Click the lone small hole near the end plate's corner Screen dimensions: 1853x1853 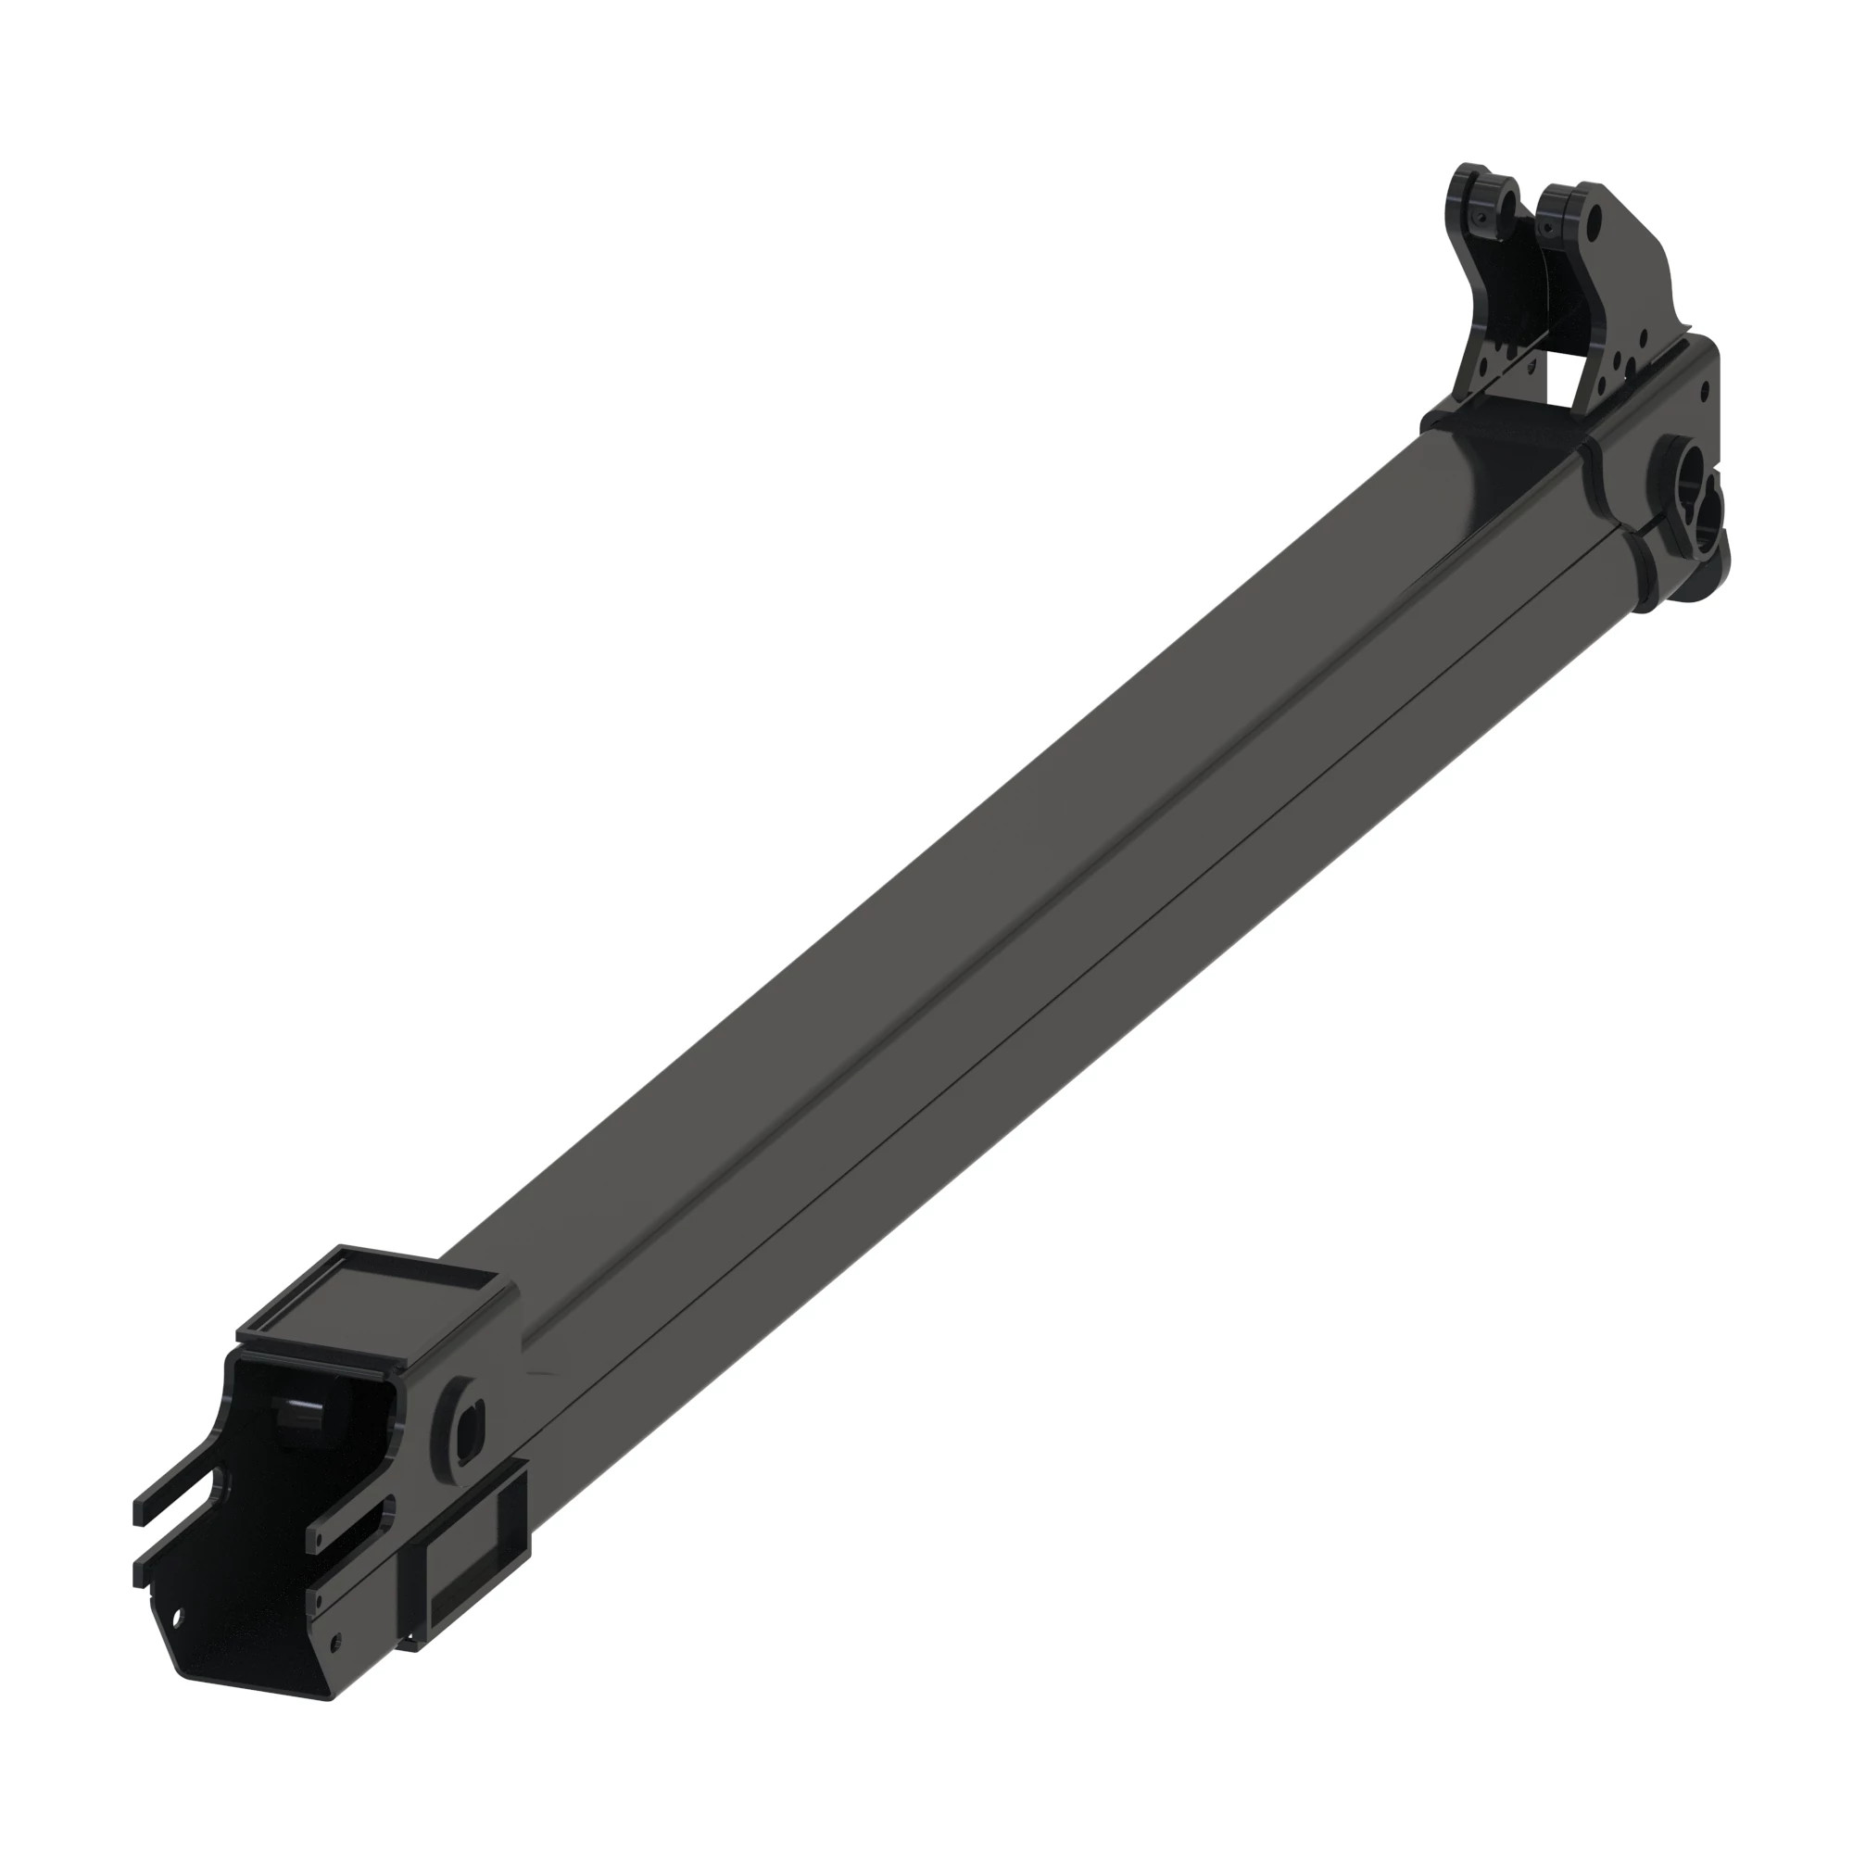click(x=1704, y=390)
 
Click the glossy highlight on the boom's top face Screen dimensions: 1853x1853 click(x=1477, y=460)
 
